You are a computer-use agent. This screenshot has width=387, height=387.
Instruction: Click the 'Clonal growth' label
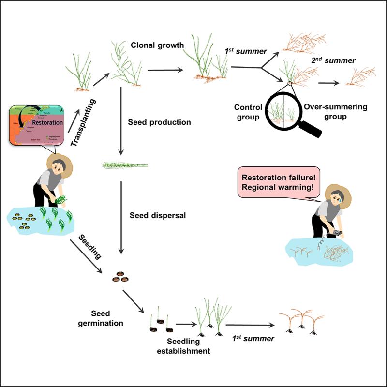pos(157,45)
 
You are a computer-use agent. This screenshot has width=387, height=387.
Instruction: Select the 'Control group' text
pos(249,112)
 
